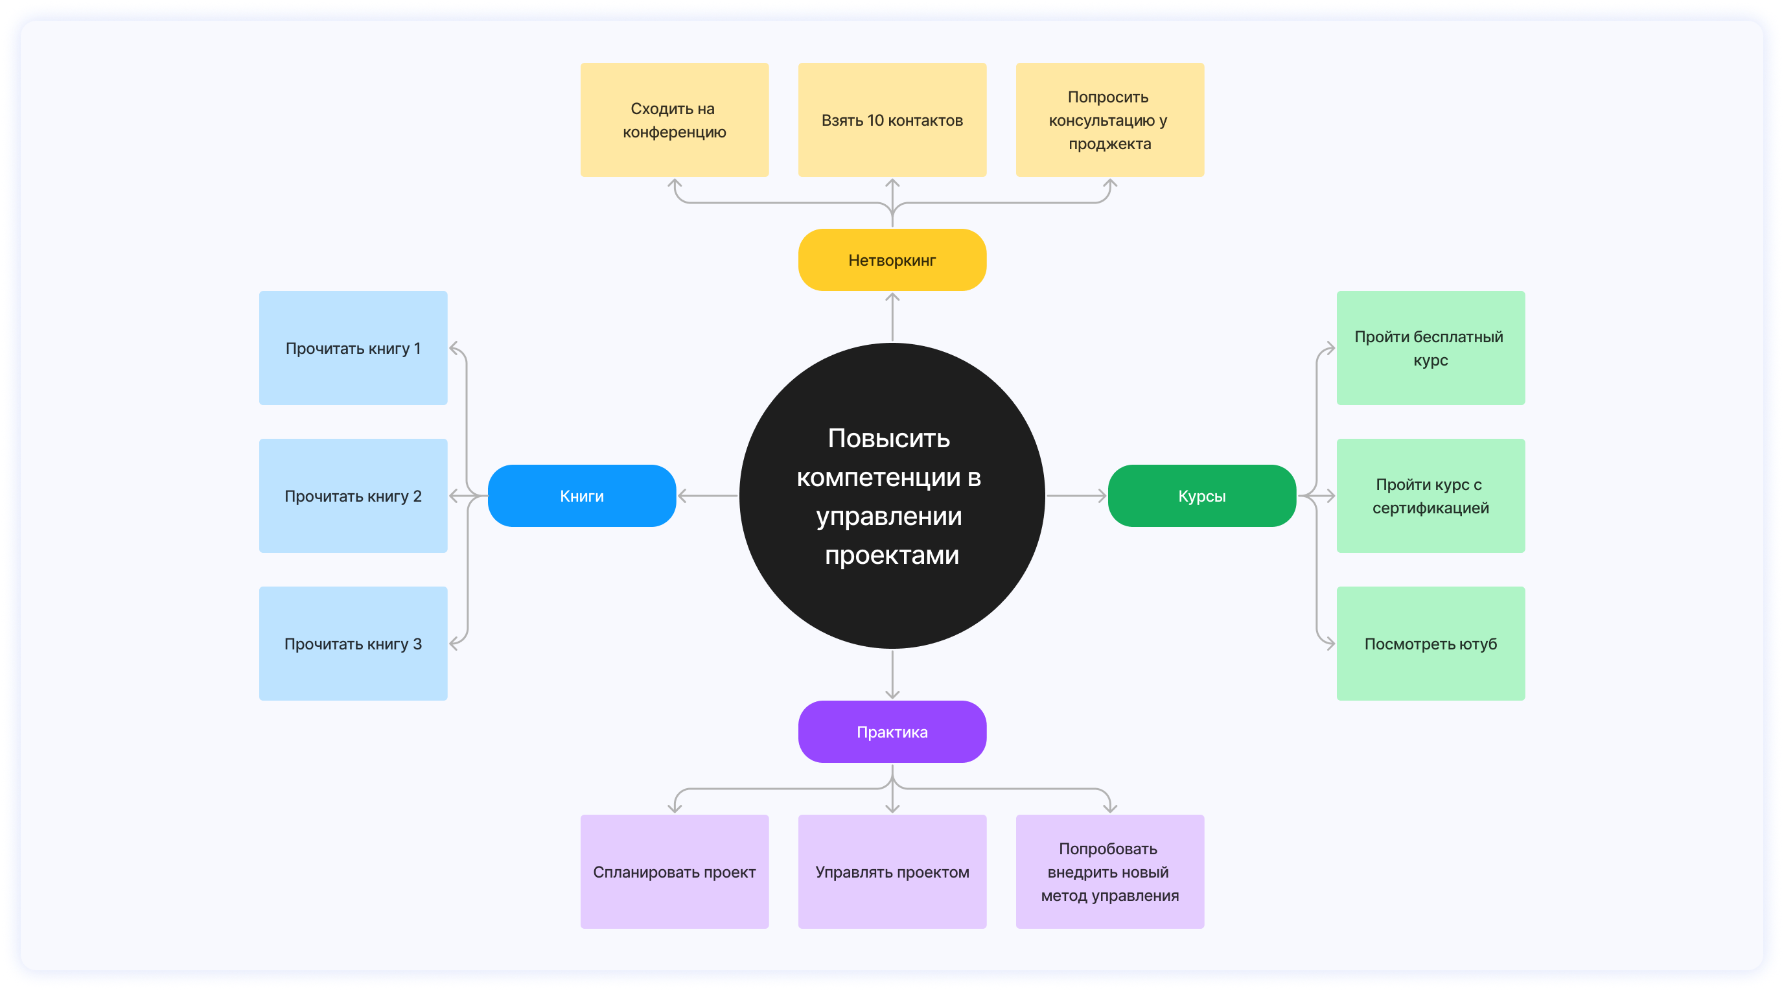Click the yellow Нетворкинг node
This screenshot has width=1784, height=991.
click(x=892, y=260)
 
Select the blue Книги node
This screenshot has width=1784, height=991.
click(x=582, y=496)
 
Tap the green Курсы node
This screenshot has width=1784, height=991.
click(x=1201, y=496)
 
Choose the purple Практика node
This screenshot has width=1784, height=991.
click(x=892, y=732)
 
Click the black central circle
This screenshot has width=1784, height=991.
click(x=892, y=496)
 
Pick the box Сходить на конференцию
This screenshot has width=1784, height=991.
click(x=675, y=120)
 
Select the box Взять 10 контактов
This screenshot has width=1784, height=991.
click(x=892, y=120)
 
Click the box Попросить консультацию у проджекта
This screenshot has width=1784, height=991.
click(x=1109, y=120)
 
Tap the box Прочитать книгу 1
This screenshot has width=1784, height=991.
click(x=353, y=347)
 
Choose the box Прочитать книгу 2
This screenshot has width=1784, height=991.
click(x=353, y=496)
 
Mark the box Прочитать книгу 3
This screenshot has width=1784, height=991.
click(x=353, y=644)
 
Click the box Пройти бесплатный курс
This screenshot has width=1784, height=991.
click(x=1430, y=347)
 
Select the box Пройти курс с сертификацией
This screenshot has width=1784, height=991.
click(x=1430, y=496)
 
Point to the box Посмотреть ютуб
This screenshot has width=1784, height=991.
click(x=1430, y=644)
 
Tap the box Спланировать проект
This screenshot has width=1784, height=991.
click(x=675, y=871)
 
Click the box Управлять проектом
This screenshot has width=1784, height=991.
click(x=892, y=871)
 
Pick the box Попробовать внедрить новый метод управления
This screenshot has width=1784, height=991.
click(x=1109, y=871)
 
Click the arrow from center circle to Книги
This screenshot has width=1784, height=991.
click(x=708, y=496)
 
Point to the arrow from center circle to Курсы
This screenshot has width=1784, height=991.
click(x=1076, y=496)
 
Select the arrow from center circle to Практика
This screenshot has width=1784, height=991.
click(x=892, y=675)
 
